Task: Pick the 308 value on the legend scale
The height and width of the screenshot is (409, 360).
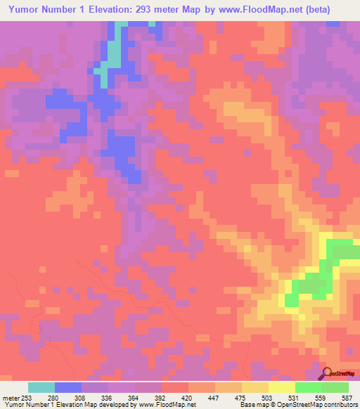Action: coord(82,397)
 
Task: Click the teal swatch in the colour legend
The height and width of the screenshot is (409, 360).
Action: coord(41,387)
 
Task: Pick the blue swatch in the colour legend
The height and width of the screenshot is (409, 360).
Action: coord(68,387)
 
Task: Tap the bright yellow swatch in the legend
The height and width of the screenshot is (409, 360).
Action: coord(281,387)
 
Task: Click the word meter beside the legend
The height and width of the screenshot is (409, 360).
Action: coord(10,397)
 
